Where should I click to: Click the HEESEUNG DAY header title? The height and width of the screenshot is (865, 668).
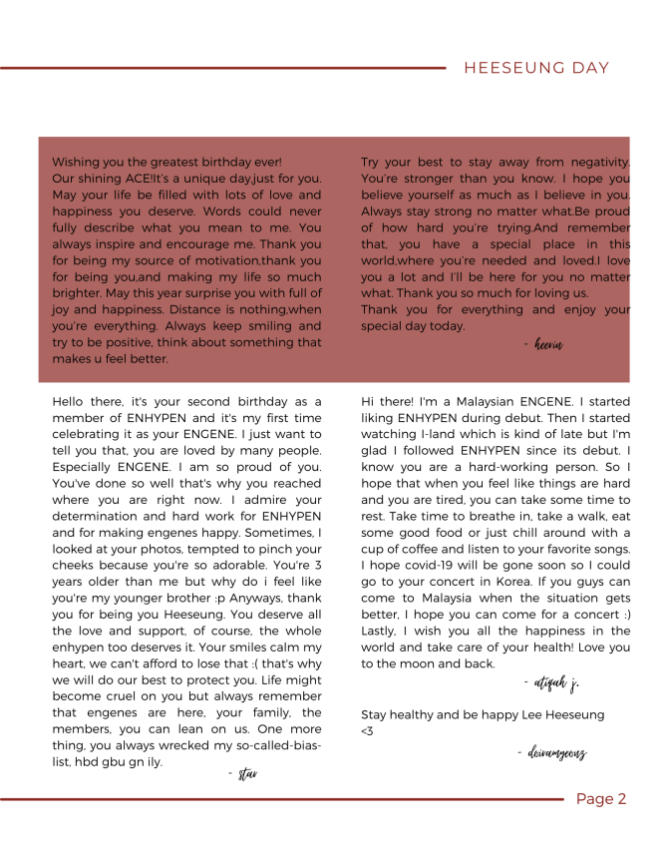(536, 68)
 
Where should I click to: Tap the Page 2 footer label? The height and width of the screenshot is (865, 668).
(601, 799)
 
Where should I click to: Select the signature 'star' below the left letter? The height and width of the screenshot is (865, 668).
(242, 774)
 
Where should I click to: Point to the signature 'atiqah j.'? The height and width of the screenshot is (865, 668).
(550, 683)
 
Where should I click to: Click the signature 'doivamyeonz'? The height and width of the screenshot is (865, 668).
(551, 753)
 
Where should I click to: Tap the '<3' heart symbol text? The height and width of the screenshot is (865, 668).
(368, 731)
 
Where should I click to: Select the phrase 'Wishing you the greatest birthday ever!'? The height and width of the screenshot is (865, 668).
(167, 162)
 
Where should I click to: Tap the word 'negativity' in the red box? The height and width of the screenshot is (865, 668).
(598, 162)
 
